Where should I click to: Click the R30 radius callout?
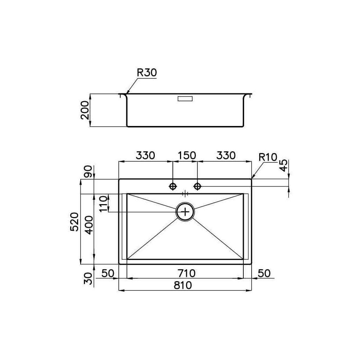click(x=147, y=73)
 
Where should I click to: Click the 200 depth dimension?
click(x=85, y=110)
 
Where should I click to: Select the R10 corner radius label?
click(x=268, y=157)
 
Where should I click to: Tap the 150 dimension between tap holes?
click(x=186, y=156)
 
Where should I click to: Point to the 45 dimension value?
click(x=284, y=166)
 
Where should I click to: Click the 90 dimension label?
click(x=88, y=171)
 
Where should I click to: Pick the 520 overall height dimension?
click(x=75, y=222)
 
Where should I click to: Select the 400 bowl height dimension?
click(x=89, y=225)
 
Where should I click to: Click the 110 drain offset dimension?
click(x=104, y=204)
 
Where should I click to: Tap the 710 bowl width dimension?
click(x=186, y=273)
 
